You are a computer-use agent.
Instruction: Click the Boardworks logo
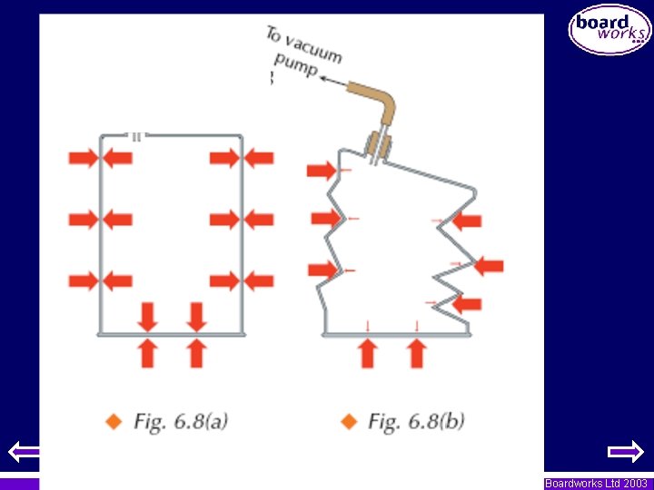[x=609, y=30]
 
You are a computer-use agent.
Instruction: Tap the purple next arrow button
[x=625, y=450]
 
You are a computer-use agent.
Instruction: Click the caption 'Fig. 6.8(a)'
[x=180, y=421]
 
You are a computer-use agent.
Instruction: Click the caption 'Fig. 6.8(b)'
[x=415, y=421]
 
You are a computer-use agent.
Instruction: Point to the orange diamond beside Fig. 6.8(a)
[x=114, y=421]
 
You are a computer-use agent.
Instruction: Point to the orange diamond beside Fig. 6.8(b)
[x=347, y=421]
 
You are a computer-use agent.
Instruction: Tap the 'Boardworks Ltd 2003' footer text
[x=596, y=484]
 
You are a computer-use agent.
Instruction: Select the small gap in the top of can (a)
[x=135, y=137]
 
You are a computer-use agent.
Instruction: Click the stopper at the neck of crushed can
[x=377, y=145]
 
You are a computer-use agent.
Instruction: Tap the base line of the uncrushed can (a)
[x=171, y=334]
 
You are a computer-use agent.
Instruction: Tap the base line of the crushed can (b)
[x=396, y=335]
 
